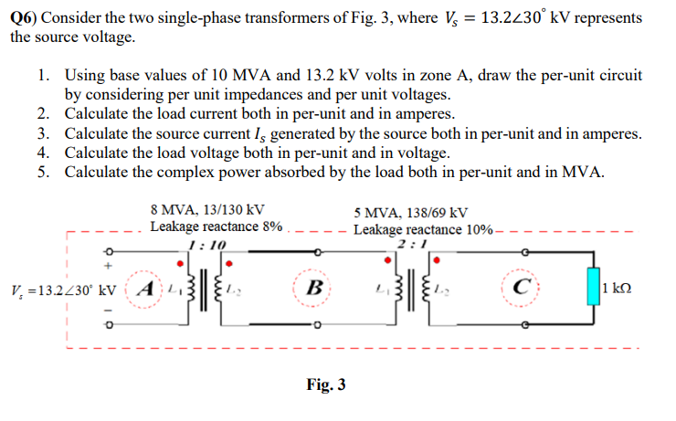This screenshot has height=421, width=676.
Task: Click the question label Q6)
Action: point(26,18)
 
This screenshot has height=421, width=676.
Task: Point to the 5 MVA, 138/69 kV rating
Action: point(411,212)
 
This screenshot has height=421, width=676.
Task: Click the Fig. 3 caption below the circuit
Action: point(326,384)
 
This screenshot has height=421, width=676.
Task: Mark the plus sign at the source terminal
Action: point(105,266)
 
